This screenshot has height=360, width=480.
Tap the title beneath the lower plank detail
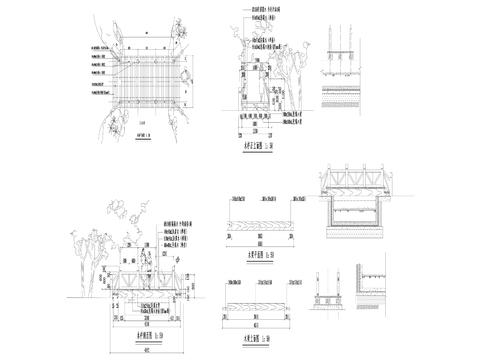point(259,327)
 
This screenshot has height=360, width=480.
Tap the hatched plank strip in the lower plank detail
point(259,298)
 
